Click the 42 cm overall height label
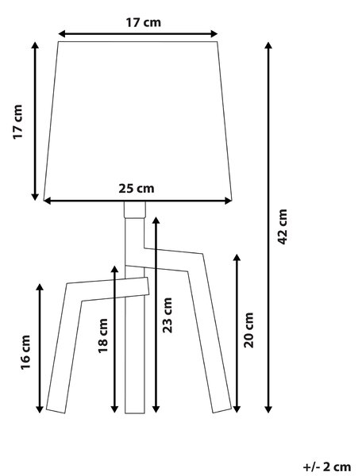coord(283,227)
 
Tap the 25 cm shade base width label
coord(137,189)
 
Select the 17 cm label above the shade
coord(144,22)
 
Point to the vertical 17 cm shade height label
coord(17,121)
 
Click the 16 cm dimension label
coord(25,352)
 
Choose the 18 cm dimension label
coord(103,336)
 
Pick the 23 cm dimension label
coord(167,315)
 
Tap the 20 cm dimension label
coord(248,330)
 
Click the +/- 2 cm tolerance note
coord(327,466)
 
